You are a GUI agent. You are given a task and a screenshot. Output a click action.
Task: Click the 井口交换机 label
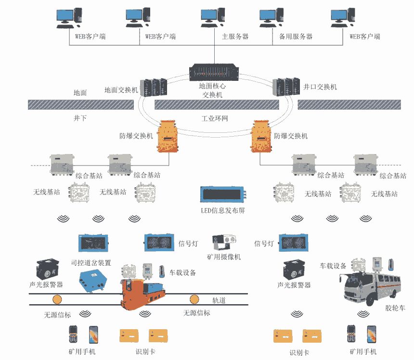[x=320, y=87]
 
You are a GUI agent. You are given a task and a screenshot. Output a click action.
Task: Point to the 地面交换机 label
[x=121, y=90]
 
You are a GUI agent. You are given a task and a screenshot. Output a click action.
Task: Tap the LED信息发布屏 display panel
[x=223, y=194]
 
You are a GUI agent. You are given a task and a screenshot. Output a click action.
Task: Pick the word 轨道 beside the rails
[x=219, y=301]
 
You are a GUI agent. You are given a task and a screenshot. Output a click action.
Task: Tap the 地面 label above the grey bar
[x=80, y=92]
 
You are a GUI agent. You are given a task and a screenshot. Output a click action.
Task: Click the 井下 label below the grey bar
[x=80, y=118]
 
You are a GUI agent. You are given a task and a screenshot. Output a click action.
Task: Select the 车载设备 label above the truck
[x=333, y=266]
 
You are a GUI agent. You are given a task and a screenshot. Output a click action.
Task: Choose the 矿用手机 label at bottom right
[x=362, y=352]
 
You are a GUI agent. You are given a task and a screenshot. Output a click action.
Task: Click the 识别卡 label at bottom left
[x=145, y=352]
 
